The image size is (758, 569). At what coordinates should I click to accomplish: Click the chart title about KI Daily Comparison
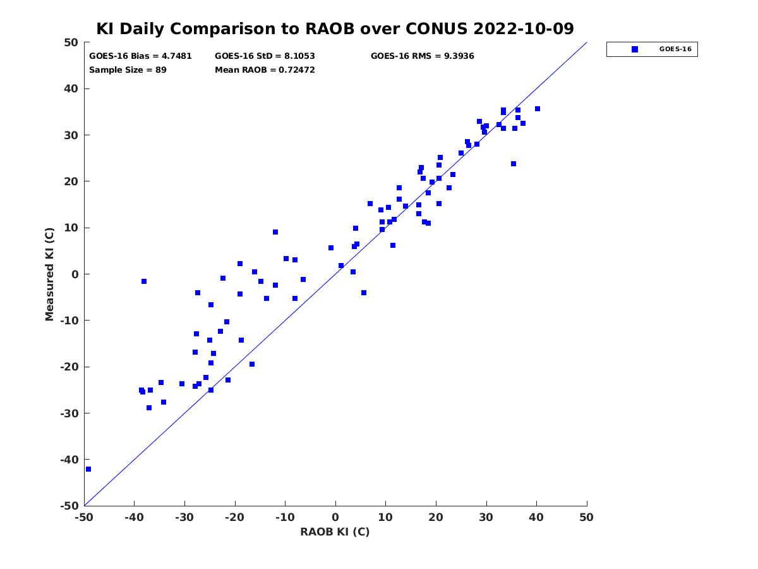click(x=335, y=29)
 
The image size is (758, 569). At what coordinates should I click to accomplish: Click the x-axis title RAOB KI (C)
click(x=335, y=532)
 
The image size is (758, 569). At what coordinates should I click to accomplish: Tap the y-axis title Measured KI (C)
click(x=50, y=274)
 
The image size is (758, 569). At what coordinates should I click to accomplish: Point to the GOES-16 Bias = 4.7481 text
click(x=140, y=56)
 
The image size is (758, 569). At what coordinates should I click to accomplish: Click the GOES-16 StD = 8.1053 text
click(x=265, y=56)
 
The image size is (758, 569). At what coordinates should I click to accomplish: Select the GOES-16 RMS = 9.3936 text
click(x=422, y=56)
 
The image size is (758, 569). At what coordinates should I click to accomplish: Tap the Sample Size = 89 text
click(x=128, y=70)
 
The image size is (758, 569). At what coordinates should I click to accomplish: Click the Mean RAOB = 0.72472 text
click(x=265, y=70)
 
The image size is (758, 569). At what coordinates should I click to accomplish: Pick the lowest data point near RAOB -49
click(x=88, y=469)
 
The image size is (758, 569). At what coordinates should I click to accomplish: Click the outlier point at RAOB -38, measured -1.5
click(x=144, y=281)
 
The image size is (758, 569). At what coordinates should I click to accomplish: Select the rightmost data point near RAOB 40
click(x=538, y=109)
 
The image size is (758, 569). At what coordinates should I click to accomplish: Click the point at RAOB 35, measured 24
click(x=514, y=164)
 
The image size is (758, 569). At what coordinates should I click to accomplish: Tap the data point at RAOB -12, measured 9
click(x=275, y=232)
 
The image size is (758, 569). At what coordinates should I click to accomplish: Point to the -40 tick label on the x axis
click(x=134, y=517)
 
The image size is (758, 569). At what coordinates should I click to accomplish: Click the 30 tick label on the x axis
click(x=486, y=517)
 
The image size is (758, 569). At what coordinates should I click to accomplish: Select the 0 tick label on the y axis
click(x=75, y=274)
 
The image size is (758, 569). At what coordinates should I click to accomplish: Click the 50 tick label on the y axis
click(x=71, y=42)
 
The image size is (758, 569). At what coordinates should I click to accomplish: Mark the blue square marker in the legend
click(x=635, y=49)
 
